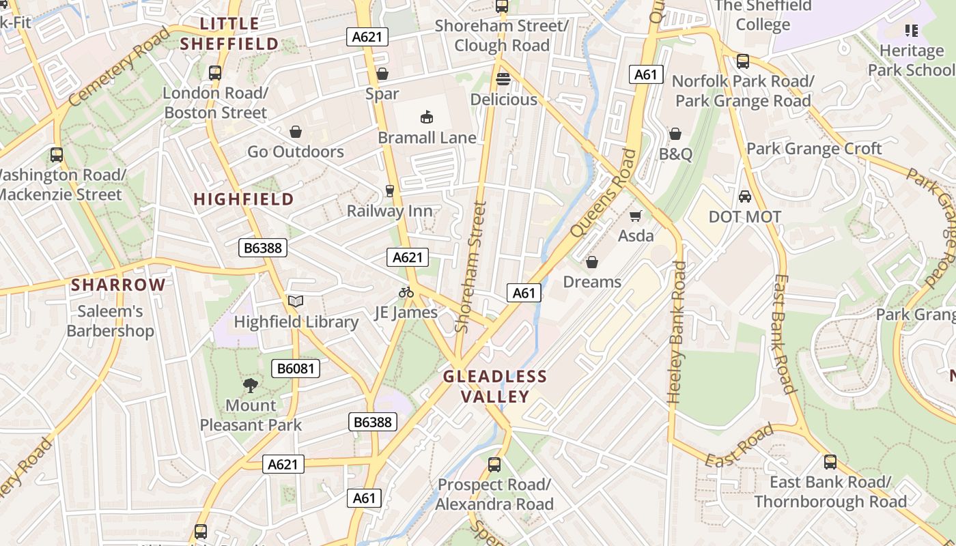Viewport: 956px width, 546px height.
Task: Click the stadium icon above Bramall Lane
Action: [427, 117]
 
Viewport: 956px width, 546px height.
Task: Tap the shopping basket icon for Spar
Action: [382, 74]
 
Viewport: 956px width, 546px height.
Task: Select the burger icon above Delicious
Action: [503, 79]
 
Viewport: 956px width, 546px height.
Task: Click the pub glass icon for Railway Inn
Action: [390, 190]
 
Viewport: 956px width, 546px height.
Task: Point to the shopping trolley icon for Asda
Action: [636, 216]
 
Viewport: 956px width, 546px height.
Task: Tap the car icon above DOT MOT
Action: [744, 197]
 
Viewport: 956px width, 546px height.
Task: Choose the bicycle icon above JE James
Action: [406, 292]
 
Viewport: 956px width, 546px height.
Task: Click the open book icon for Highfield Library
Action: [295, 301]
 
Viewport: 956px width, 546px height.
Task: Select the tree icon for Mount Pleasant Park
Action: [251, 385]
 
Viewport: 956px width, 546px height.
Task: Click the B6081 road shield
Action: [295, 369]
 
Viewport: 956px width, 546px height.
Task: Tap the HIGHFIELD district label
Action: [244, 199]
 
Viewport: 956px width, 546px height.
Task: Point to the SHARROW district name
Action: [118, 285]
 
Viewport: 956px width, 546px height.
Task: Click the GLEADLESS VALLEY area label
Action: [495, 386]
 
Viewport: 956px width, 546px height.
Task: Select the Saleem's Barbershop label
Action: [110, 321]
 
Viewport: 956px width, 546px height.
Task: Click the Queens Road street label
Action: [598, 193]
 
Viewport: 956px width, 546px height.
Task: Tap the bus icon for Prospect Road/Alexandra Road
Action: [494, 465]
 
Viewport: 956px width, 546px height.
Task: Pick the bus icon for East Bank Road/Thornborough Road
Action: [830, 462]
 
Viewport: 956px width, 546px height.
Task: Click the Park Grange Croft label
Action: [814, 149]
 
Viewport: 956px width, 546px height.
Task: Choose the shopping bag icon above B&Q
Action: [675, 134]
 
